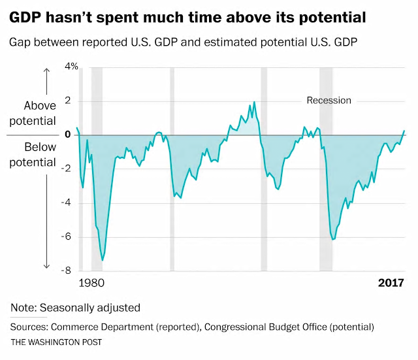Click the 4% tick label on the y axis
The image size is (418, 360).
71,67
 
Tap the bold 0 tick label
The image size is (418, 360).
67,135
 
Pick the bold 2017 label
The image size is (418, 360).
391,284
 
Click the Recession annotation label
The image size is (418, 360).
329,101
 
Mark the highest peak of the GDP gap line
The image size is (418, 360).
254,102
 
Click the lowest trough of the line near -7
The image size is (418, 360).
103,261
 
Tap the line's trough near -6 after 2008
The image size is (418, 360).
334,240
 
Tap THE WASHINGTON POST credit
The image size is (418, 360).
56,342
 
